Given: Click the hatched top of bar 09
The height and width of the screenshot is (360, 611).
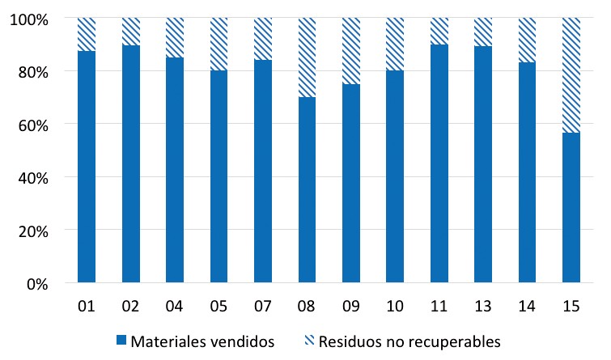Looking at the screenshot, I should point(351,51).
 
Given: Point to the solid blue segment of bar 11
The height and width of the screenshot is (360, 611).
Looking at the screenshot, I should point(439,163).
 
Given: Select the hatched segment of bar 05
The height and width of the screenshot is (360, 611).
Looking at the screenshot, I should point(219,44).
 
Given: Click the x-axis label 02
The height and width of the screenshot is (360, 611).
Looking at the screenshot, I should point(131,307).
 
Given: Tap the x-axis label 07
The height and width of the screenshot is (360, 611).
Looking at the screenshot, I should point(263,307).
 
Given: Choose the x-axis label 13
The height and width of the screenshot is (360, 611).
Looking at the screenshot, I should point(483,307).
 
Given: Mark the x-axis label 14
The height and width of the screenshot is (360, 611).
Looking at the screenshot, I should point(527,307).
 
